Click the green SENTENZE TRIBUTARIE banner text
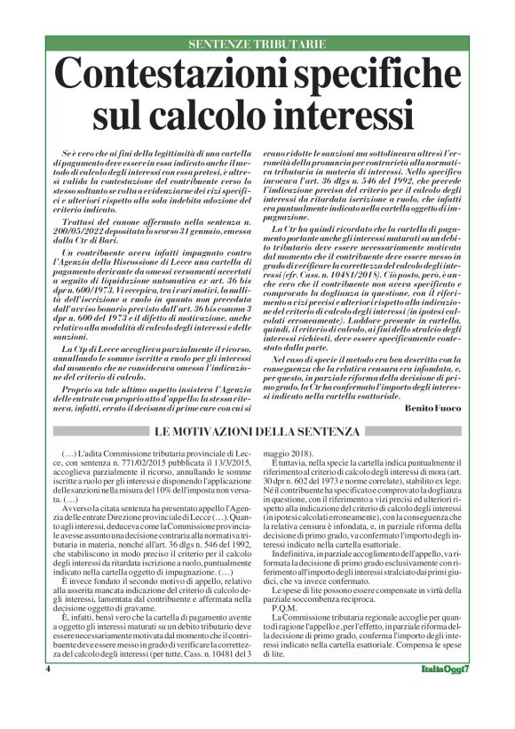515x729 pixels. pyautogui.click(x=257, y=44)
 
